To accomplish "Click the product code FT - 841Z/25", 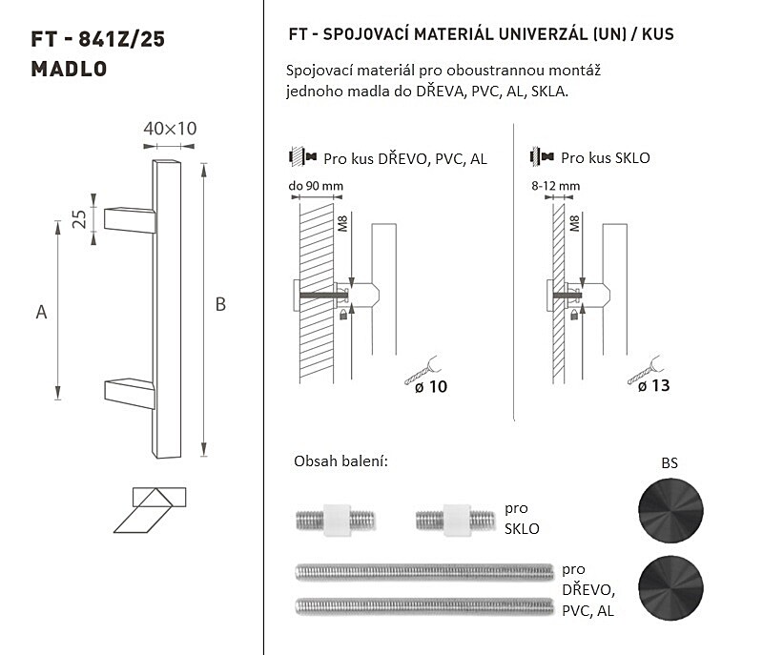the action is point(98,39).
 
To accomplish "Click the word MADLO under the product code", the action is point(69,69).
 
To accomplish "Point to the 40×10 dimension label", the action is point(170,129).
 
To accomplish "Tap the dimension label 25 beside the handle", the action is point(79,219).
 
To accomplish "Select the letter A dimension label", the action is point(41,312).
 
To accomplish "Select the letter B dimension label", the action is point(220,304).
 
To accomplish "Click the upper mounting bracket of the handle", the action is point(130,220).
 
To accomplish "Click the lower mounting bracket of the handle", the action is point(130,393).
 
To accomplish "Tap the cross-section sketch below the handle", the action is point(150,510).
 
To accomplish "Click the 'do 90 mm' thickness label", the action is point(316,186).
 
